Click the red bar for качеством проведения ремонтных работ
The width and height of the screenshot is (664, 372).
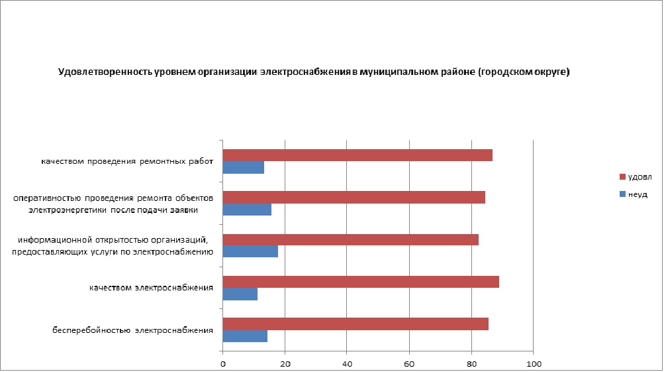click(x=357, y=155)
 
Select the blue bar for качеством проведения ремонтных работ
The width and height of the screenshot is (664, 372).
click(x=244, y=168)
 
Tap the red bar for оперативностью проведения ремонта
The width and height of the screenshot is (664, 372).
click(x=354, y=197)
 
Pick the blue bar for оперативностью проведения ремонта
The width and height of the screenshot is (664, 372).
click(x=247, y=210)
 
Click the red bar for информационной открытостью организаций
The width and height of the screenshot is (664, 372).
click(x=351, y=239)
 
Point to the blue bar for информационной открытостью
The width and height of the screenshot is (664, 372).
click(x=250, y=252)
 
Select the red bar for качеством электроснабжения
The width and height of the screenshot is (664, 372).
click(x=361, y=281)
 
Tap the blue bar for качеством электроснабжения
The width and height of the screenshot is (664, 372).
click(x=240, y=294)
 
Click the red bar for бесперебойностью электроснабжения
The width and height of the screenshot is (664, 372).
click(x=356, y=324)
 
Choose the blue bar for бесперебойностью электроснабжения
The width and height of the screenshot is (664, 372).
click(x=245, y=336)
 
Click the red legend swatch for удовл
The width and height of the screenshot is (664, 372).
click(x=622, y=177)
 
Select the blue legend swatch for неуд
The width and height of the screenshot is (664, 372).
click(x=622, y=194)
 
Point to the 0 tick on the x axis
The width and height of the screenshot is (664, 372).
click(x=223, y=363)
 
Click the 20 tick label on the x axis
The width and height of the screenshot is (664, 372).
click(x=285, y=363)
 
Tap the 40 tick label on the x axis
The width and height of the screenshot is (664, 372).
click(x=348, y=363)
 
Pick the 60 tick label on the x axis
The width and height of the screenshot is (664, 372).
click(x=410, y=363)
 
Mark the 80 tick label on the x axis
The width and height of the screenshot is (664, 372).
click(x=472, y=363)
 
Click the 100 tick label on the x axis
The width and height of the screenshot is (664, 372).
click(x=534, y=363)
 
